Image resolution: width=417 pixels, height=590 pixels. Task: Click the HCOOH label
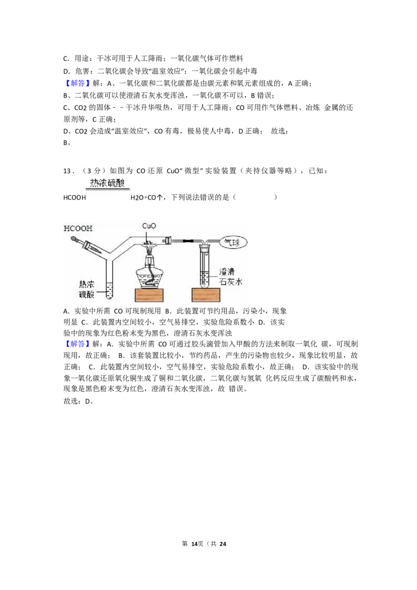click(x=78, y=228)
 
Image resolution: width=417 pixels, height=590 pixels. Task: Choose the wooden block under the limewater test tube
click(x=206, y=296)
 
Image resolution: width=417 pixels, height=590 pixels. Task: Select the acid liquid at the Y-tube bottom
click(x=109, y=292)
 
